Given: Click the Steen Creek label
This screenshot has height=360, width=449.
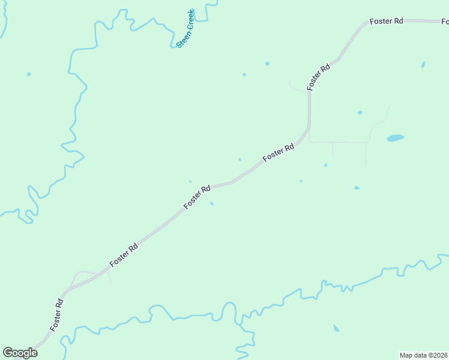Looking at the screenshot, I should [x=185, y=29].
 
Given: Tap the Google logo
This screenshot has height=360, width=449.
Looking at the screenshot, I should [x=20, y=353].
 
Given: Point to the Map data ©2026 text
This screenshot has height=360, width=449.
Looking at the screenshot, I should [x=424, y=355].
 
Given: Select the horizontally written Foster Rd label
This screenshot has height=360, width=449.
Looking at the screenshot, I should [x=386, y=21].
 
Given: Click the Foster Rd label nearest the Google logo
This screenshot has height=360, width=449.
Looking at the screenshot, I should [x=58, y=314].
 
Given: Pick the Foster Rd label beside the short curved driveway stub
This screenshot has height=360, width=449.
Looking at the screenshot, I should [x=319, y=77].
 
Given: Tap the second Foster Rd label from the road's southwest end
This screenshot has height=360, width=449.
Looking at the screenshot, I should [x=124, y=256].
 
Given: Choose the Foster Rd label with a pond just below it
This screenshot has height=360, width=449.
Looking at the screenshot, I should [x=197, y=197].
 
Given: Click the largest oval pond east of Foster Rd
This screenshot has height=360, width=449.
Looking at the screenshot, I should [x=395, y=138].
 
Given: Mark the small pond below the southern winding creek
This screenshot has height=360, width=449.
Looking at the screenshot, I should [x=336, y=328].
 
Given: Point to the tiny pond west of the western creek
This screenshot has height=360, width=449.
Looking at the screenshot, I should [x=28, y=74].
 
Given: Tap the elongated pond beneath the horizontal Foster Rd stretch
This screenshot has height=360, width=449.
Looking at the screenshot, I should [x=423, y=64].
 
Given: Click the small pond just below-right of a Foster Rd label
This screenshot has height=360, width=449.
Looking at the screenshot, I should [x=212, y=203].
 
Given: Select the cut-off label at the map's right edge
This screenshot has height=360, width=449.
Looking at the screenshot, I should [x=445, y=22].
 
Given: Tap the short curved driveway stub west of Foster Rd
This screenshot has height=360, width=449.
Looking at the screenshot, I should [x=297, y=88].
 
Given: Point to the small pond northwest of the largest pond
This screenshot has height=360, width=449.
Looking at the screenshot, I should [x=360, y=112].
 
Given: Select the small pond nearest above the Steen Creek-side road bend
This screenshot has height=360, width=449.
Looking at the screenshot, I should [x=267, y=63].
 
